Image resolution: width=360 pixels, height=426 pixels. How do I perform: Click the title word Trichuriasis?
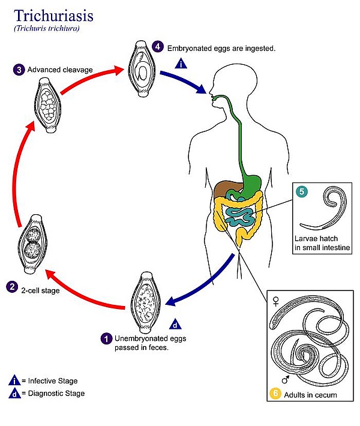(53, 16)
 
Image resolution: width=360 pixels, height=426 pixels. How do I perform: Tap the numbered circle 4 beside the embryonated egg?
(158, 46)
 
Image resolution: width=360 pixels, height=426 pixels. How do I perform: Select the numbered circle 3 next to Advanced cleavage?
(19, 70)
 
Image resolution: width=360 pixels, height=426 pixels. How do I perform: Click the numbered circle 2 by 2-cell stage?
(12, 287)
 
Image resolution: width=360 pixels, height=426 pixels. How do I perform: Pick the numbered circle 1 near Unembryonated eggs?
(106, 339)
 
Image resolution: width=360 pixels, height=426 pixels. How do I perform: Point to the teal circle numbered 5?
(302, 191)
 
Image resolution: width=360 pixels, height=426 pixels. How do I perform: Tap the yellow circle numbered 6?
(275, 393)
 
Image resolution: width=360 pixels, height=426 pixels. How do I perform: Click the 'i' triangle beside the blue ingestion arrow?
(181, 64)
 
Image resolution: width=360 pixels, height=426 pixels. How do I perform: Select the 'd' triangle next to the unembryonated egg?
(175, 324)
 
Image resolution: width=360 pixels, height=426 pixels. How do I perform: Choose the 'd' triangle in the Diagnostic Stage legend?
(14, 394)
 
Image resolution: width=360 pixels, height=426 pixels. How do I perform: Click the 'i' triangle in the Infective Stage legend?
(14, 380)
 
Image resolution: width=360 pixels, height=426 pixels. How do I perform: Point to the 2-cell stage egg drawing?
(32, 244)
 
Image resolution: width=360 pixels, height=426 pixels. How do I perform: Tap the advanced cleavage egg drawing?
(48, 105)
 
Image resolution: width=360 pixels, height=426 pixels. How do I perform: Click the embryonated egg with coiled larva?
(142, 69)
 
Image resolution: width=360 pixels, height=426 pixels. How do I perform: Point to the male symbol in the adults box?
(285, 379)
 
